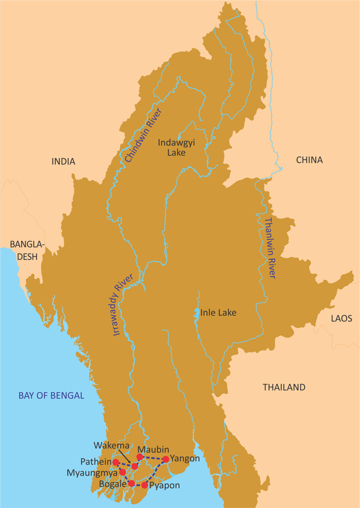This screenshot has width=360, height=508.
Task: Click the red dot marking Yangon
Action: pyautogui.click(x=166, y=459)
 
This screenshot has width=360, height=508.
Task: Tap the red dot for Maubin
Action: pyautogui.click(x=140, y=457)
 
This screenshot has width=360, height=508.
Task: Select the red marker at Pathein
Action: pyautogui.click(x=116, y=462)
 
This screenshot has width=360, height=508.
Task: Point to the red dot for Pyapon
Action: pyautogui.click(x=144, y=485)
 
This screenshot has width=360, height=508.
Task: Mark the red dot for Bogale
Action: pyautogui.click(x=131, y=483)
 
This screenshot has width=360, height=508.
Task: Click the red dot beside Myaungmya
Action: pyautogui.click(x=122, y=472)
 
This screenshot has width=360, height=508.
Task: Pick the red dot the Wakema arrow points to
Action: pyautogui.click(x=135, y=466)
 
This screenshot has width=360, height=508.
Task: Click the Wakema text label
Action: pyautogui.click(x=110, y=446)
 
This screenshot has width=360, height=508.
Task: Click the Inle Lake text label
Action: pyautogui.click(x=218, y=313)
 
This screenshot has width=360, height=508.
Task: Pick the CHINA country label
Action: pyautogui.click(x=309, y=160)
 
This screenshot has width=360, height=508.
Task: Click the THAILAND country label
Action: pyautogui.click(x=284, y=387)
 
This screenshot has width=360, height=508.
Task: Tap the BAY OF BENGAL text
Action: pyautogui.click(x=51, y=396)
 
